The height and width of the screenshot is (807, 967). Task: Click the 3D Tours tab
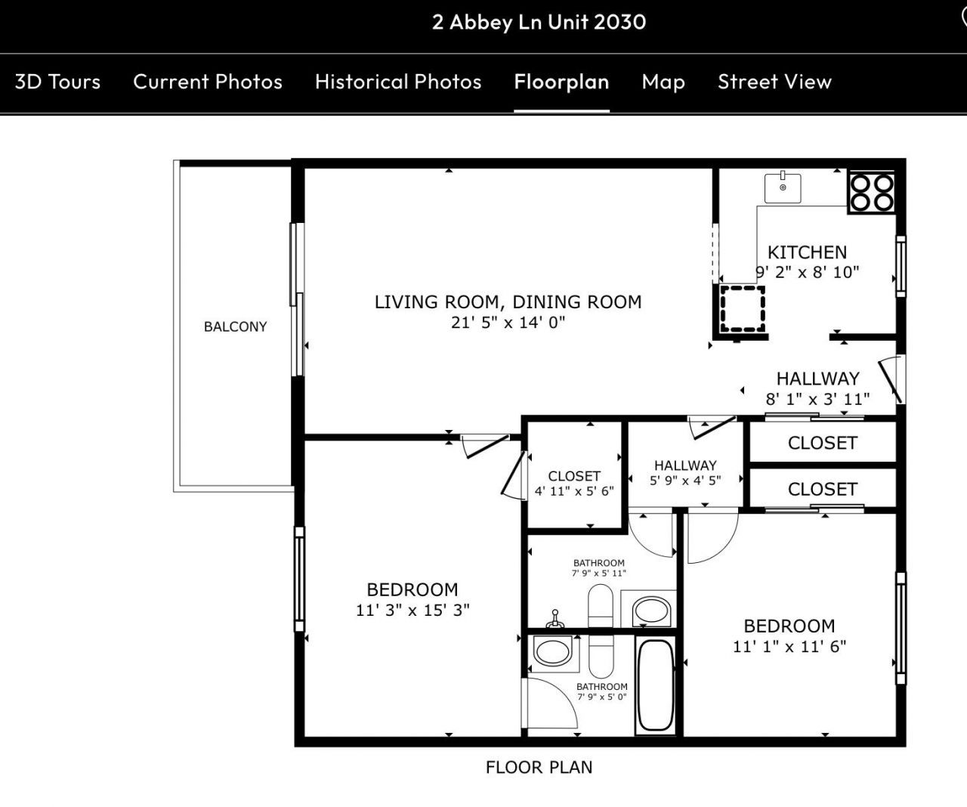57,82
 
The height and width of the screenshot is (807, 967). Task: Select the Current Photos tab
208,82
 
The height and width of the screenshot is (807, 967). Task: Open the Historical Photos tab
398,82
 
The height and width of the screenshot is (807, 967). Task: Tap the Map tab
663,82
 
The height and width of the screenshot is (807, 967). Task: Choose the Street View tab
774,82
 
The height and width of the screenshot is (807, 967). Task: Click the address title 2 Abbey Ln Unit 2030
539,22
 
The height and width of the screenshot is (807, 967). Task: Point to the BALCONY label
235,326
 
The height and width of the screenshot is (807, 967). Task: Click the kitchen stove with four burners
871,191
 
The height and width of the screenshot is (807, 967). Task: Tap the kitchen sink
783,187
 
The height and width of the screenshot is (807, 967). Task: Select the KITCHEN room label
807,252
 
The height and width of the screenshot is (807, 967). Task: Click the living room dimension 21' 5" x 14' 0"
508,323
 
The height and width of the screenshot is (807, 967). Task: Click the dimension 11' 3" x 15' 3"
412,610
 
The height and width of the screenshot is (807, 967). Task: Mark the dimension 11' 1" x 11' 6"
789,646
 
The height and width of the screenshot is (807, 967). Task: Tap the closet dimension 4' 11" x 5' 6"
574,490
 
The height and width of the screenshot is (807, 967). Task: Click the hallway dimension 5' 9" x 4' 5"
685,480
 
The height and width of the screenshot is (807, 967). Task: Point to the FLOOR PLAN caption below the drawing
539,767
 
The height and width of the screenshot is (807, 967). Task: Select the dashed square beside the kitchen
742,308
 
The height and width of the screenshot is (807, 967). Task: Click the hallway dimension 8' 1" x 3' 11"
817,399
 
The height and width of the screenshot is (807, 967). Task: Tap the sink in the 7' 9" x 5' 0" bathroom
552,651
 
